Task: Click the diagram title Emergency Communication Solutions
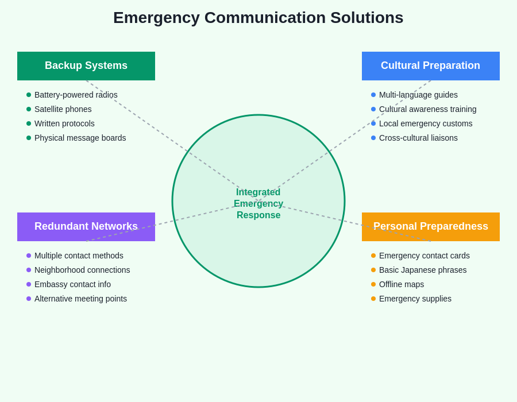(x=258, y=18)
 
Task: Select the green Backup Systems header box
(x=86, y=66)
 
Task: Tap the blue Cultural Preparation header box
(x=430, y=66)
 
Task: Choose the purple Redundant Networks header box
(x=86, y=227)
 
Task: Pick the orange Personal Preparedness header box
(x=430, y=227)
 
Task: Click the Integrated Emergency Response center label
(x=258, y=204)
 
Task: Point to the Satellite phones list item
(x=63, y=109)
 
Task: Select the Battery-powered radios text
(x=76, y=95)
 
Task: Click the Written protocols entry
(x=64, y=123)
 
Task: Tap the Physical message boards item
(x=80, y=138)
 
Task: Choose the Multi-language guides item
(x=418, y=95)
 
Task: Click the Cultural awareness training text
(x=427, y=109)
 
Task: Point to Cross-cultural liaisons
(x=418, y=138)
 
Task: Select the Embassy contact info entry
(x=72, y=284)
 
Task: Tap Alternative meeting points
(x=80, y=299)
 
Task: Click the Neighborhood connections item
(x=82, y=270)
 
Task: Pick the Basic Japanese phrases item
(x=423, y=270)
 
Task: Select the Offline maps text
(x=402, y=284)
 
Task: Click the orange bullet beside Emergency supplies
(x=373, y=299)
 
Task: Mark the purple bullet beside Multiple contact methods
(x=29, y=256)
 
